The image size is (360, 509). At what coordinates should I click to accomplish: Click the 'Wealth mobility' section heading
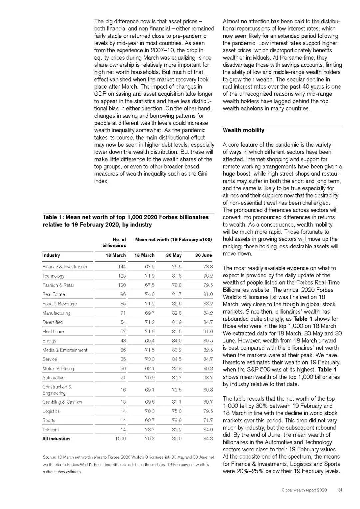(x=243, y=130)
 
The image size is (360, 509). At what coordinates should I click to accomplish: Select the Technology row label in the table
(x=53, y=276)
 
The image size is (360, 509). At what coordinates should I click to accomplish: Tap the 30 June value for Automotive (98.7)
(x=208, y=378)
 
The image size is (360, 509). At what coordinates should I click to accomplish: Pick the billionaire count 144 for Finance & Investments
(x=122, y=267)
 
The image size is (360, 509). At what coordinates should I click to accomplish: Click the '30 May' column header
(x=174, y=255)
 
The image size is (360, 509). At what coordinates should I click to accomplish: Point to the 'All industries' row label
(x=56, y=439)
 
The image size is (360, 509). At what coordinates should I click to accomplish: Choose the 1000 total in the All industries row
(x=120, y=439)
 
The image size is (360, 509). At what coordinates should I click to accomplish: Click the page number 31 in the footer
(x=340, y=490)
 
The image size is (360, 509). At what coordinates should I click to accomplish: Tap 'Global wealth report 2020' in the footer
(x=304, y=490)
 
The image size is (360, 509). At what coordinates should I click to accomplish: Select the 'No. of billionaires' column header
(x=114, y=242)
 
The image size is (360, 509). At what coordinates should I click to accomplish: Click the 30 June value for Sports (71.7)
(x=208, y=420)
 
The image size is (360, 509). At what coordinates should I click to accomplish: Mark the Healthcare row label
(x=53, y=332)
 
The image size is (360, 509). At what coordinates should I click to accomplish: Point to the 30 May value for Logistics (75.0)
(x=177, y=411)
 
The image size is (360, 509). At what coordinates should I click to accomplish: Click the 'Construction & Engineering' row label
(x=57, y=390)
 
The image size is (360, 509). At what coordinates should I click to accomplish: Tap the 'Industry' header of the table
(x=51, y=255)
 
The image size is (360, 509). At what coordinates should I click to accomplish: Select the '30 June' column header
(x=203, y=255)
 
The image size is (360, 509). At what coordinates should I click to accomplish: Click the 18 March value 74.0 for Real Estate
(x=150, y=294)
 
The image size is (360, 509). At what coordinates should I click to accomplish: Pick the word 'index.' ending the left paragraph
(x=101, y=181)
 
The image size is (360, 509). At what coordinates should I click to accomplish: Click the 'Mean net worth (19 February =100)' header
(x=173, y=239)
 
